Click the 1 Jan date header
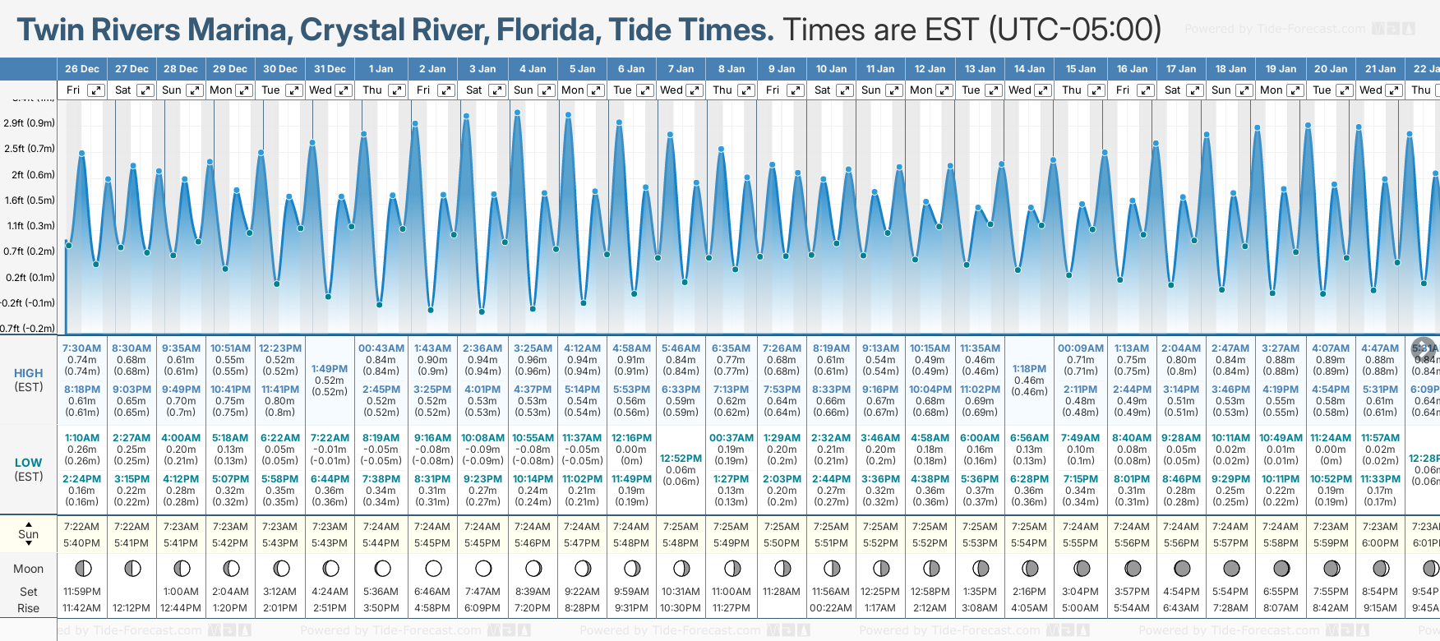(x=381, y=69)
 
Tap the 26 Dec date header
(x=82, y=69)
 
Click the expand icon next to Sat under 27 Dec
(x=145, y=90)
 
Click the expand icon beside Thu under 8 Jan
(x=745, y=90)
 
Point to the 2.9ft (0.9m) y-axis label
(x=30, y=123)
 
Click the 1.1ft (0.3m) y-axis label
(x=30, y=226)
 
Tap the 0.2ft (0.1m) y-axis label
(x=30, y=278)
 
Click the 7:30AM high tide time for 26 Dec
(x=82, y=348)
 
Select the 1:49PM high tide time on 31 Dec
(x=330, y=369)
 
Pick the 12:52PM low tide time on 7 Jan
(x=681, y=459)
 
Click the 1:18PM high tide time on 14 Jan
(x=1029, y=369)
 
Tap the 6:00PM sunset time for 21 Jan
(x=1380, y=543)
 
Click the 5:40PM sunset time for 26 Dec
(x=82, y=543)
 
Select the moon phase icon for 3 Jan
(x=483, y=568)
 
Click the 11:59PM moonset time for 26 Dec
(x=82, y=592)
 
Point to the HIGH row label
(x=29, y=373)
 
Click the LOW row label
(x=29, y=463)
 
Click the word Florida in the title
(x=546, y=30)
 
